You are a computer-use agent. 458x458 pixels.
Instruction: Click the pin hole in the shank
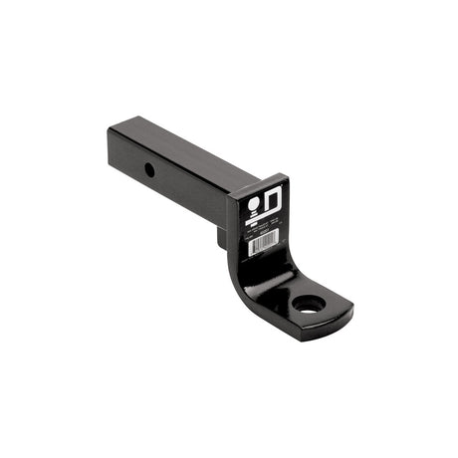(x=149, y=169)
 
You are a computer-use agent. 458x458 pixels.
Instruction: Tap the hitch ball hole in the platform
(x=310, y=302)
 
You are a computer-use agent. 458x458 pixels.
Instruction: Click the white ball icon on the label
(x=255, y=202)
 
